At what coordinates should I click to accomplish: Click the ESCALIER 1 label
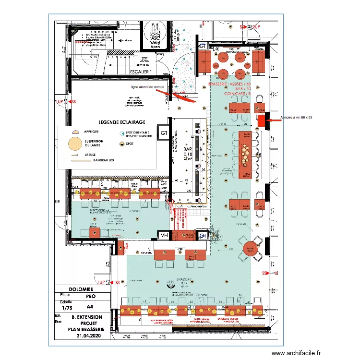pyautogui.click(x=141, y=72)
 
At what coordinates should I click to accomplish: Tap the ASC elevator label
pyautogui.click(x=155, y=38)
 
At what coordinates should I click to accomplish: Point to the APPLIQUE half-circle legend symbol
pyautogui.click(x=74, y=131)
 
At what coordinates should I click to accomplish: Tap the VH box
pyautogui.click(x=164, y=235)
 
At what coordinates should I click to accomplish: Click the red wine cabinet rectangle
pyautogui.click(x=262, y=121)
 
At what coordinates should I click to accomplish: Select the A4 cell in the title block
pyautogui.click(x=90, y=307)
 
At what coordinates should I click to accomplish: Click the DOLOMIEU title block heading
pyautogui.click(x=78, y=289)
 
